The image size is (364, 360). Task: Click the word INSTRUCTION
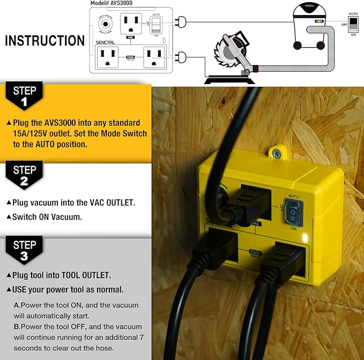45,41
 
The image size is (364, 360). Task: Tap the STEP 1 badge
24,96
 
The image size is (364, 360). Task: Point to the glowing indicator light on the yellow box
304,237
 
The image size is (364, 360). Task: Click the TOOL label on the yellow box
256,252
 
